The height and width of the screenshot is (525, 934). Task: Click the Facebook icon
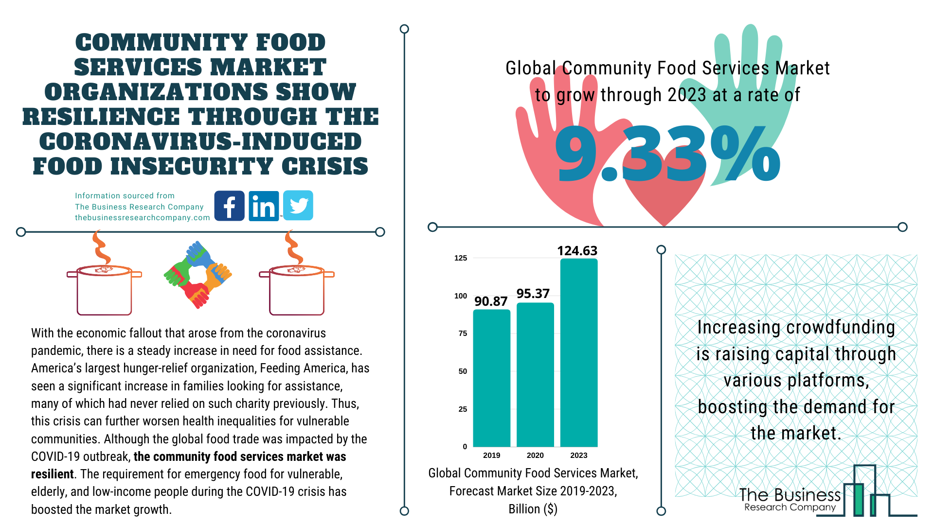[229, 206]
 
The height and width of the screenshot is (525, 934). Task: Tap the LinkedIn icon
[264, 206]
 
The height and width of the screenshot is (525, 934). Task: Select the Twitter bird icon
[298, 206]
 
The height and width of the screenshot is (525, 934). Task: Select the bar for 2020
[535, 374]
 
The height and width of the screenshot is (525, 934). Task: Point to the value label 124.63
[577, 251]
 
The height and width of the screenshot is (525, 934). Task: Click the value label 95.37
[533, 294]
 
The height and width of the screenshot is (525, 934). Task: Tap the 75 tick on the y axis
[463, 333]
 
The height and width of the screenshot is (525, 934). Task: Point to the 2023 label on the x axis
[578, 455]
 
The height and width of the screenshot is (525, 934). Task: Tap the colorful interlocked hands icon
[198, 275]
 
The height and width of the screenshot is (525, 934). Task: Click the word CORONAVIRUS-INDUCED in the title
[200, 141]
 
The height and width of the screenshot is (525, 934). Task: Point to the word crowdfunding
[840, 328]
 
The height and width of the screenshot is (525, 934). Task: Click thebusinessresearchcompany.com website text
[142, 218]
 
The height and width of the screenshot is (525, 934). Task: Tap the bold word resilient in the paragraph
[52, 474]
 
